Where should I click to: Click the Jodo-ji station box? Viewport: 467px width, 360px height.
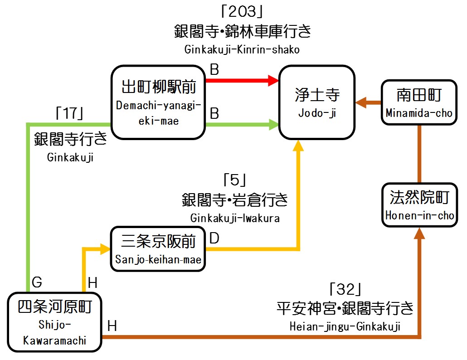(x=317, y=102)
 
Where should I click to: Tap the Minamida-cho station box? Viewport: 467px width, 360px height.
(x=419, y=102)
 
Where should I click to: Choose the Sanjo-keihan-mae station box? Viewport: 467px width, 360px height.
(x=158, y=248)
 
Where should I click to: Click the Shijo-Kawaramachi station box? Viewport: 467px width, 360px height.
(x=54, y=322)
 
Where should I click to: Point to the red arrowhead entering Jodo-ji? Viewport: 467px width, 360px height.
(x=273, y=81)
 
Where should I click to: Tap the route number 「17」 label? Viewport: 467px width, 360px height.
(x=68, y=113)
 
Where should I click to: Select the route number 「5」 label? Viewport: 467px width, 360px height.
(x=234, y=180)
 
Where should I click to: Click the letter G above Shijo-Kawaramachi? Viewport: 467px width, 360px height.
(x=37, y=283)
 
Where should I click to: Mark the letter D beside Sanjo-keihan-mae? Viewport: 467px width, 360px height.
(x=214, y=238)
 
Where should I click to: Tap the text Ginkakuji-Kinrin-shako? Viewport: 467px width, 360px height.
(x=242, y=49)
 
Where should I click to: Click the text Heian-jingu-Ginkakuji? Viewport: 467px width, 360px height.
(x=345, y=326)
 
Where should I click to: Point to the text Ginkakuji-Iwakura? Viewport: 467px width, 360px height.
(x=235, y=218)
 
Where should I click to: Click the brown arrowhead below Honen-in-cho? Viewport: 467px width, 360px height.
(x=419, y=233)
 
